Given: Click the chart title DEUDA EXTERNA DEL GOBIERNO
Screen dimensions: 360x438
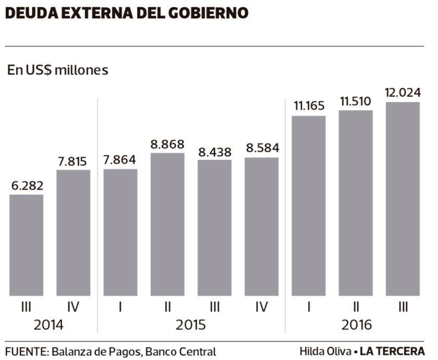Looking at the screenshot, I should coord(127,13).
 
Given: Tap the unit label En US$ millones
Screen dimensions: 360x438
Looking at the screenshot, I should coord(57,70).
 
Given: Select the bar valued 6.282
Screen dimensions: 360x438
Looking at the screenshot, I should coord(27,245).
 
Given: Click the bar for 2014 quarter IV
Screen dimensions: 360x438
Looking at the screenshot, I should coord(74,233).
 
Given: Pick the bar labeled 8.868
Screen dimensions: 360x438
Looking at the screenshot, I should coord(167,224).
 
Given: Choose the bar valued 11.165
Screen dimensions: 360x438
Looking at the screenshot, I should coord(309,206).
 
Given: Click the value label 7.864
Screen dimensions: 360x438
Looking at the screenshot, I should coord(120,159).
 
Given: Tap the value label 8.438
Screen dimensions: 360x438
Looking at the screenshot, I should coord(215,151).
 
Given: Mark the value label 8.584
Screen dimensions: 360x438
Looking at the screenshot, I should coord(262,148).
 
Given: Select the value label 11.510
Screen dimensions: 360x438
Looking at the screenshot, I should coord(356,102).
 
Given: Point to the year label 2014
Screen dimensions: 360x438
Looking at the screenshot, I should coord(48,325).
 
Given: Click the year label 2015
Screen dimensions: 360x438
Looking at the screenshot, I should coord(191,325).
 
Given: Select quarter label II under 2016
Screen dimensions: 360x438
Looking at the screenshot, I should coord(356,307).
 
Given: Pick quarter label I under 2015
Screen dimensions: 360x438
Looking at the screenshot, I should coord(120,307).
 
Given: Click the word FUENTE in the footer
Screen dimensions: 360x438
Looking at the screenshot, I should coord(26,351).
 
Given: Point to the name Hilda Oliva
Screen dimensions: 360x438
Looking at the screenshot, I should coord(325,351).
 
